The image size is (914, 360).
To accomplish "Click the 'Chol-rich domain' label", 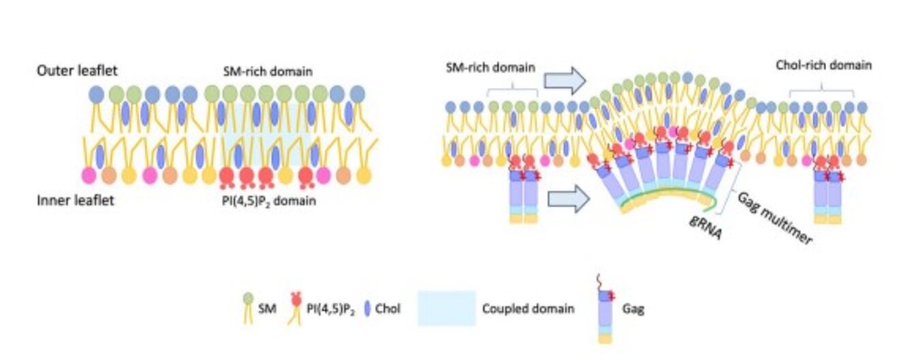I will click(x=823, y=65).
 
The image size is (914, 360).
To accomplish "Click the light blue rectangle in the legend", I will click(x=446, y=308).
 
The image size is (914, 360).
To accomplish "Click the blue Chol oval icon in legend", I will click(x=368, y=308).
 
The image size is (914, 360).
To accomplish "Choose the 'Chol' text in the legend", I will click(x=389, y=309).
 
